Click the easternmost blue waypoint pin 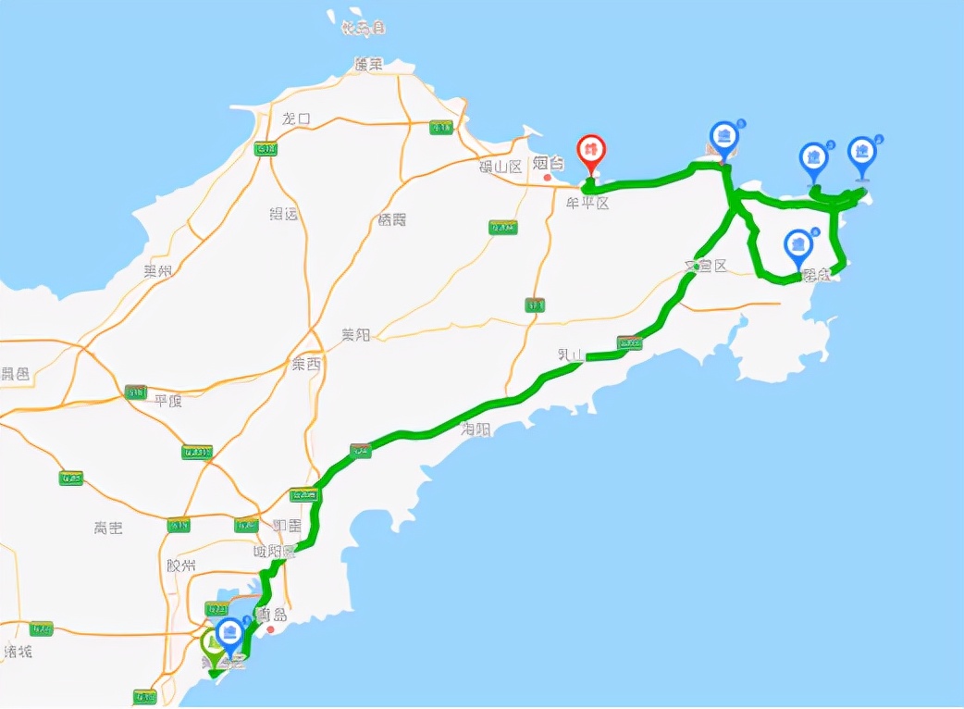tap(862, 154)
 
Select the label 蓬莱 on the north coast tap(368, 64)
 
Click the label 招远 tap(283, 214)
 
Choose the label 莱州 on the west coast tap(158, 271)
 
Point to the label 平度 tap(169, 401)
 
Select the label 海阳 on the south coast tap(476, 429)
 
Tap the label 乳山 tap(571, 354)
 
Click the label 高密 tap(108, 528)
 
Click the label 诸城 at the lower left tap(18, 652)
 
